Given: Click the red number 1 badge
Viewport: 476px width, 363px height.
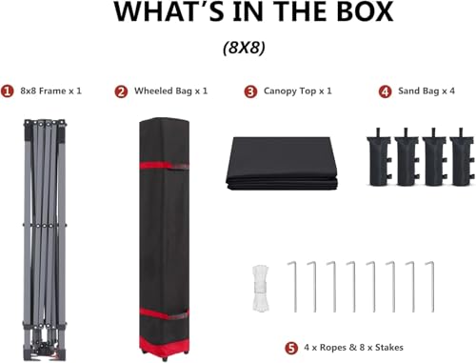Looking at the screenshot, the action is coord(8,91).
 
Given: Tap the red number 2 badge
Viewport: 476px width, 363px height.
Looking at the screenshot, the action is coord(121,91).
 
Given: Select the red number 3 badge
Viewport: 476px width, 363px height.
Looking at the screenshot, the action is coord(250,91).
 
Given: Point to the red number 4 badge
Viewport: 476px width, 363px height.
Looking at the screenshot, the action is coord(385,91).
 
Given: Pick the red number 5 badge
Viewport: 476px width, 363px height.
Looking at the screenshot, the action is coord(291,348).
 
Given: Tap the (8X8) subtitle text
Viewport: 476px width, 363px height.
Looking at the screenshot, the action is coord(244,48).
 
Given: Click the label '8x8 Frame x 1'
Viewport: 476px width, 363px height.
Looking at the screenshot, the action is coord(50,91).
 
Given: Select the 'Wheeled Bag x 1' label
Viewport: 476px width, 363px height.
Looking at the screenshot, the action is coord(170,91).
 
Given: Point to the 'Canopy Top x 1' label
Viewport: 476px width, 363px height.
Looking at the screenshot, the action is coord(298,91).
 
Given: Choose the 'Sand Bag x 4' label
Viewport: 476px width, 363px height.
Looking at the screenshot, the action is coord(426,91).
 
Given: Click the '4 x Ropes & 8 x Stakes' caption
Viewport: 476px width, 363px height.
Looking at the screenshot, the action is coord(353,347).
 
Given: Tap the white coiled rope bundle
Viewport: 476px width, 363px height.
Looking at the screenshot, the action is coord(260,289).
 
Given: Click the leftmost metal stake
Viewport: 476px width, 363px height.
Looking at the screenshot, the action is coord(294,286).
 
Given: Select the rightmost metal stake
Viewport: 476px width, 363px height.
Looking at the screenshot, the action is coord(432,286).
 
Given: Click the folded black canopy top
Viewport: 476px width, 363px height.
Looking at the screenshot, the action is coord(282,164).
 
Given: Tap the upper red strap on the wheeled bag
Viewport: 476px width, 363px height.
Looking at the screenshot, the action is coord(165,166).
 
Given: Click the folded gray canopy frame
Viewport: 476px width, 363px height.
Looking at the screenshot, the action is coord(45,239).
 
